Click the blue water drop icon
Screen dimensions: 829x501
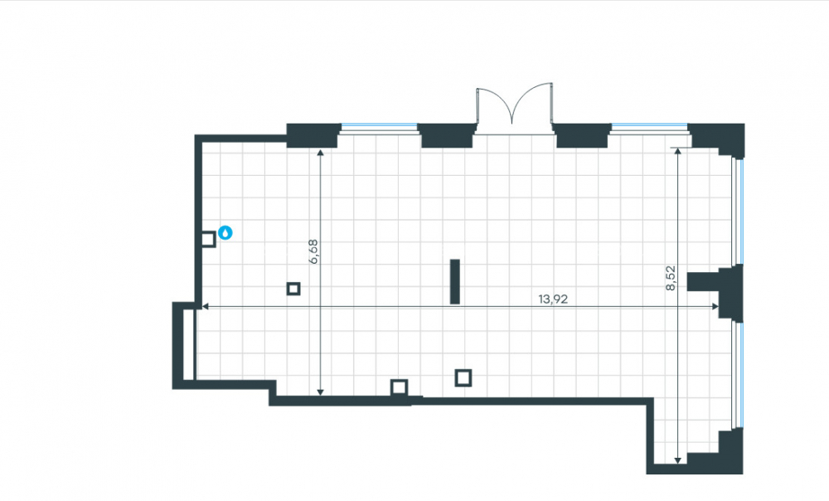[225, 232]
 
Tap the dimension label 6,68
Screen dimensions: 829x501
[313, 252]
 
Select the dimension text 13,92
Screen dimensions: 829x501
[553, 299]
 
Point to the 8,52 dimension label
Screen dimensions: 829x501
[671, 278]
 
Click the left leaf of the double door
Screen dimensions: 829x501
[494, 105]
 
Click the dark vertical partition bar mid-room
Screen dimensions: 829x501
[454, 281]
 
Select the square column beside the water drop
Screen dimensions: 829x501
[208, 239]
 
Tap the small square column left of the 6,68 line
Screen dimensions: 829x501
[293, 289]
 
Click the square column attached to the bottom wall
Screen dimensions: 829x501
[400, 388]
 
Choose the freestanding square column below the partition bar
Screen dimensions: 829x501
[463, 377]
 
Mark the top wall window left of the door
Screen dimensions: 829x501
[379, 127]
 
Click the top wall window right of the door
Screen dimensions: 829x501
[650, 127]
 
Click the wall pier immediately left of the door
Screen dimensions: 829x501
[447, 135]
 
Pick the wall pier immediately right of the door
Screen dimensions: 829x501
[582, 135]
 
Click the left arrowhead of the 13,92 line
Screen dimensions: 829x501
[206, 306]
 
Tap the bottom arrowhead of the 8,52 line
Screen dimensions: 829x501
[678, 460]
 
